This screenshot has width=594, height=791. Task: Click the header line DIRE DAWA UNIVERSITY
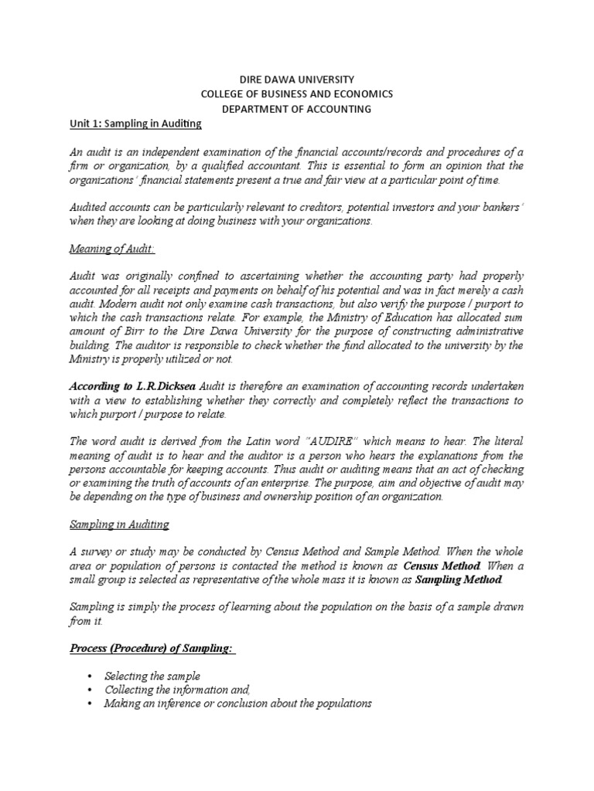[x=296, y=79]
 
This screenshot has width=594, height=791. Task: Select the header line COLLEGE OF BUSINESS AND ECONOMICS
[x=296, y=93]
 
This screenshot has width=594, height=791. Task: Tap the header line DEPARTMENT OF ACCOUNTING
[x=296, y=109]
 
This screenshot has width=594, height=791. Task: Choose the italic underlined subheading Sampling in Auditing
[x=119, y=525]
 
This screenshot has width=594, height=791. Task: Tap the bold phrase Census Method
[x=437, y=565]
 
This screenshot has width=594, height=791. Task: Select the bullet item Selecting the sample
[x=152, y=676]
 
